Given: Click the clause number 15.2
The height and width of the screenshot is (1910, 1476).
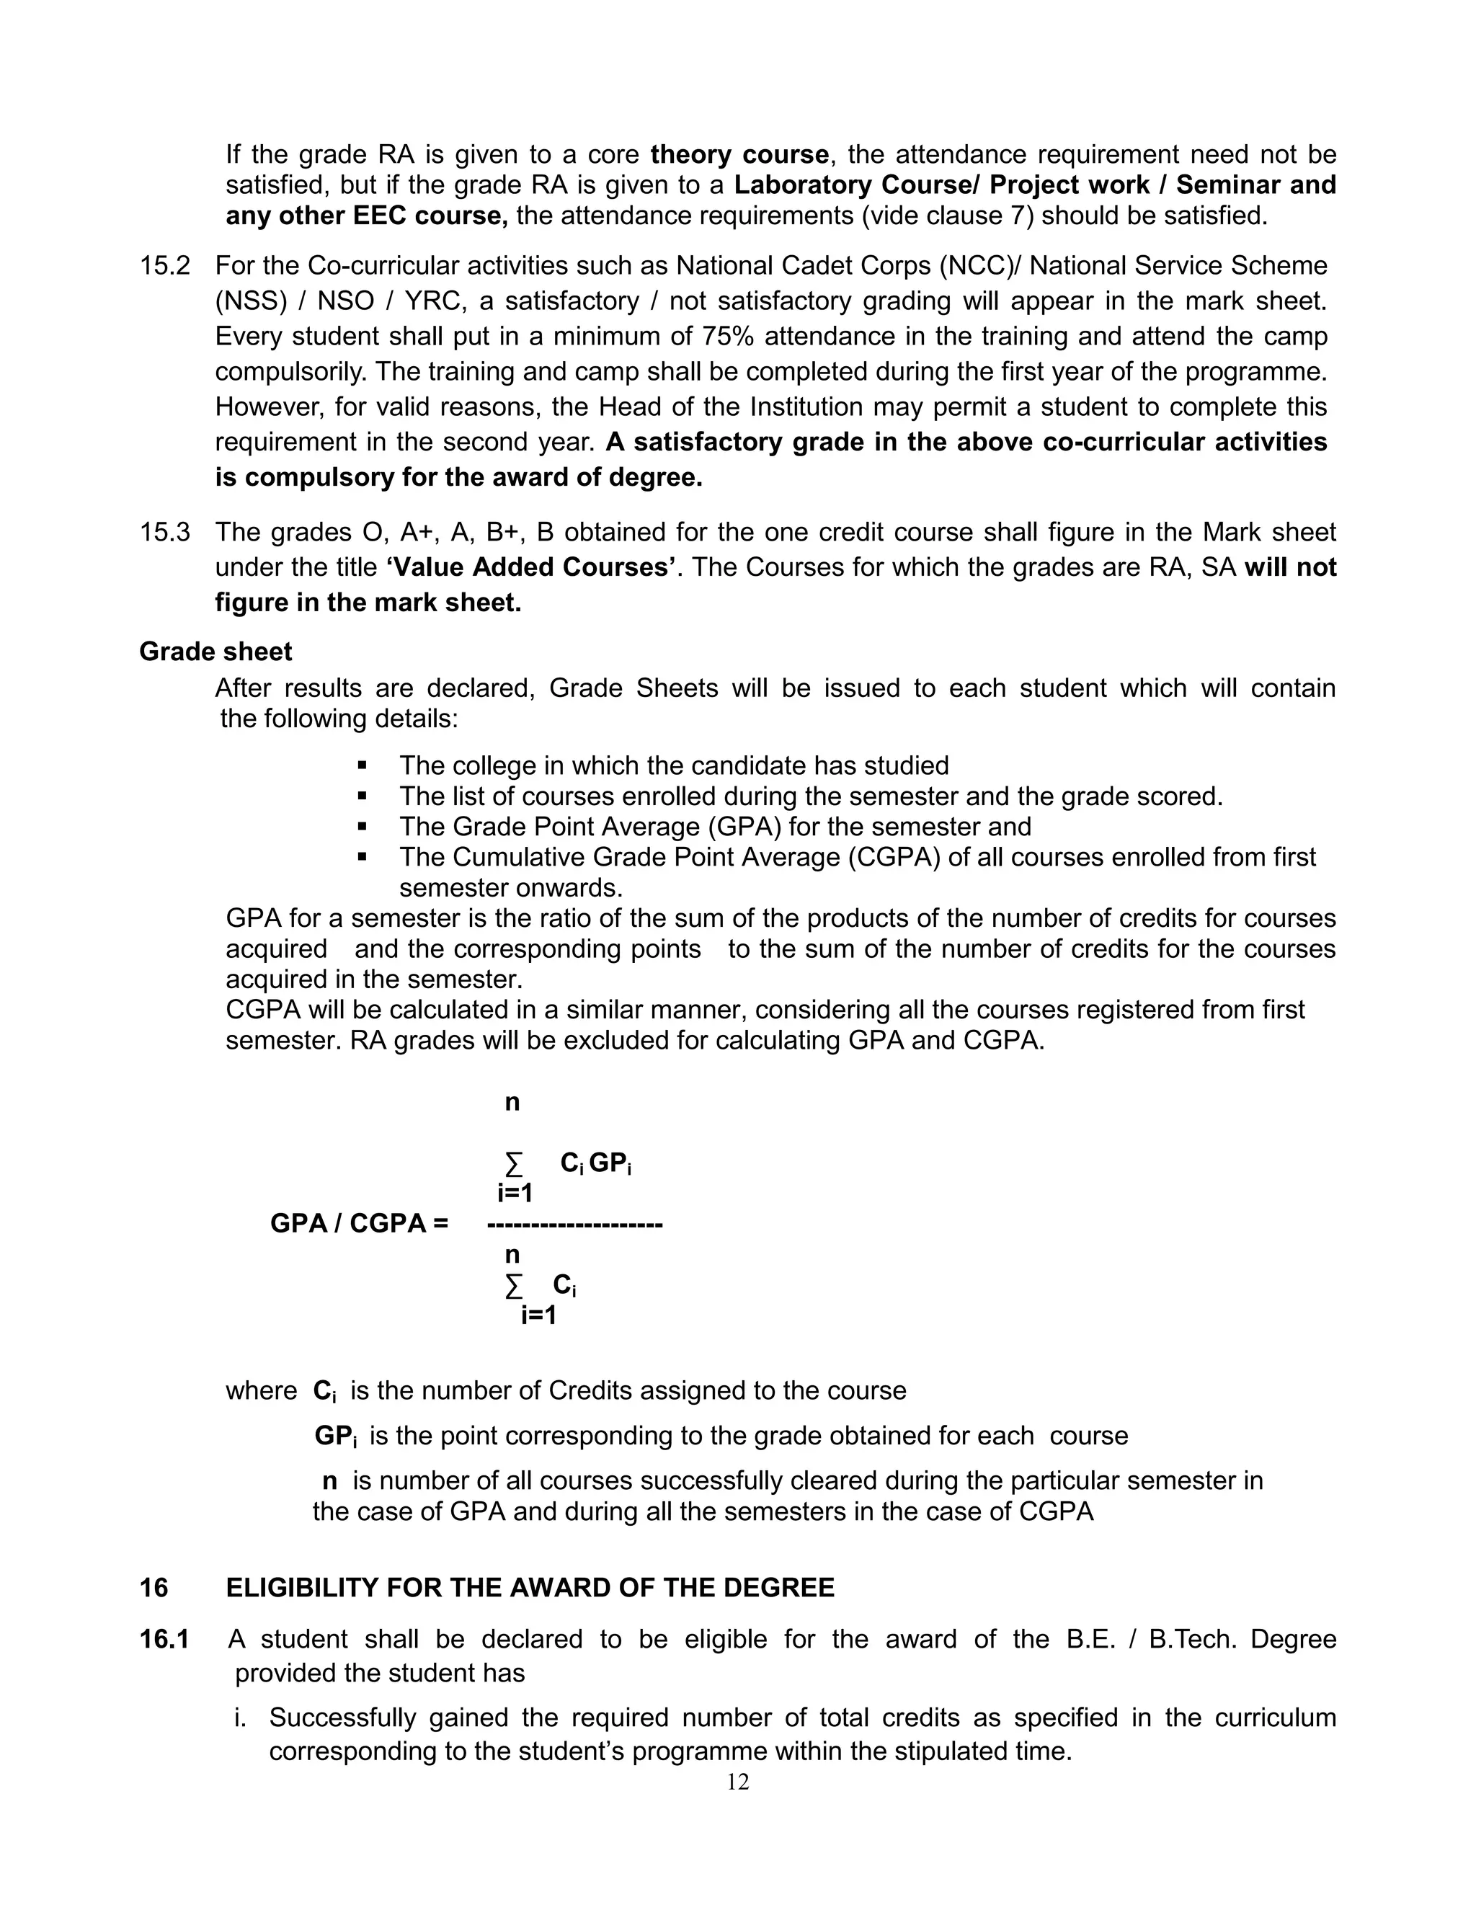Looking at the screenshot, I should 164,266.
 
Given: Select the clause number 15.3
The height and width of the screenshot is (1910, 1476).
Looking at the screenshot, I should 164,532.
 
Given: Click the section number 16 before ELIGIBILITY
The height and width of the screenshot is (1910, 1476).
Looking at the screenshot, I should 154,1587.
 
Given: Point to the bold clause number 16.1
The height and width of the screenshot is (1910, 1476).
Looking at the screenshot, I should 164,1639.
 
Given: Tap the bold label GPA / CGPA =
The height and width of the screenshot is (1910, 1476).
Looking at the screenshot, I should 358,1222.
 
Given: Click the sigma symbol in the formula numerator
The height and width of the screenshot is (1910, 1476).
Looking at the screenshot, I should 513,1164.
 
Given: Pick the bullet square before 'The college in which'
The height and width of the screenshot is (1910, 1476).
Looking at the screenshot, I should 362,766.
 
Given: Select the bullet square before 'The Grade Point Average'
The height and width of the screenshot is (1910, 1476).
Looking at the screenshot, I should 362,827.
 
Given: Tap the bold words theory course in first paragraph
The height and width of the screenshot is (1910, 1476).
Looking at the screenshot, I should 739,155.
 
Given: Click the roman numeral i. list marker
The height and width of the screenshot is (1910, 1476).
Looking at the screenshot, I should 241,1718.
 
